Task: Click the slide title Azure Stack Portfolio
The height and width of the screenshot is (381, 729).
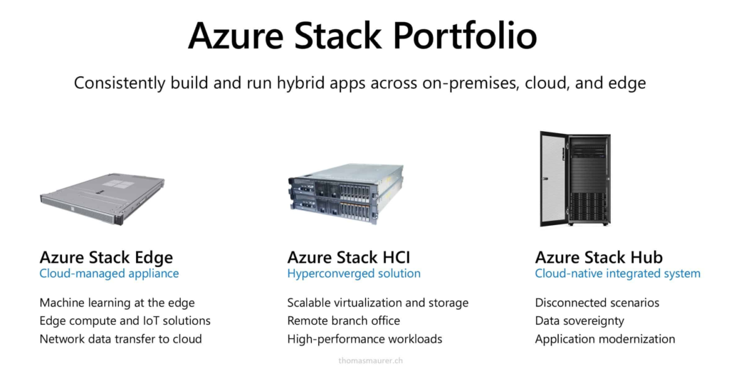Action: tap(362, 36)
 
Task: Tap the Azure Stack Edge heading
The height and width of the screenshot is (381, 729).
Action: tap(106, 257)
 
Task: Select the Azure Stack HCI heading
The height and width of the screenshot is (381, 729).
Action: tap(348, 257)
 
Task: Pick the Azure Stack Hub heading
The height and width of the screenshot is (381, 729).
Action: tap(599, 257)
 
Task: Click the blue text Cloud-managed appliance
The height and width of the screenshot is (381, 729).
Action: tap(109, 273)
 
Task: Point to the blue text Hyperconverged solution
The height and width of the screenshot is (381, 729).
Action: tap(354, 273)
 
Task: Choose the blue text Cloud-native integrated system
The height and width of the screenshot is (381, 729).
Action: tap(617, 273)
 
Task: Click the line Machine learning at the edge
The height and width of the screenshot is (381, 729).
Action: tap(117, 303)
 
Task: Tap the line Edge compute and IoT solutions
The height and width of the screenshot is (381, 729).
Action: tap(125, 321)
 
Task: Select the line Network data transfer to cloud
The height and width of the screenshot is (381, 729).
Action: tap(120, 339)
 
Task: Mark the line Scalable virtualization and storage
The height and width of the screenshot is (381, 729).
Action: tap(377, 303)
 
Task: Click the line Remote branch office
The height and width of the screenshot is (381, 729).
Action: tap(343, 321)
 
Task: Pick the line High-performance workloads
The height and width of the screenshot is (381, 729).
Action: tap(364, 339)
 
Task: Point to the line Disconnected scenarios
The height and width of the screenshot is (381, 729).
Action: tap(597, 303)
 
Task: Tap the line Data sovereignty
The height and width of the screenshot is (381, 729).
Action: tap(579, 321)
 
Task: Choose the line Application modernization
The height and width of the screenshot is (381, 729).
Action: tap(604, 339)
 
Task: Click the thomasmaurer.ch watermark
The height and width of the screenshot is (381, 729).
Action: tap(371, 361)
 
